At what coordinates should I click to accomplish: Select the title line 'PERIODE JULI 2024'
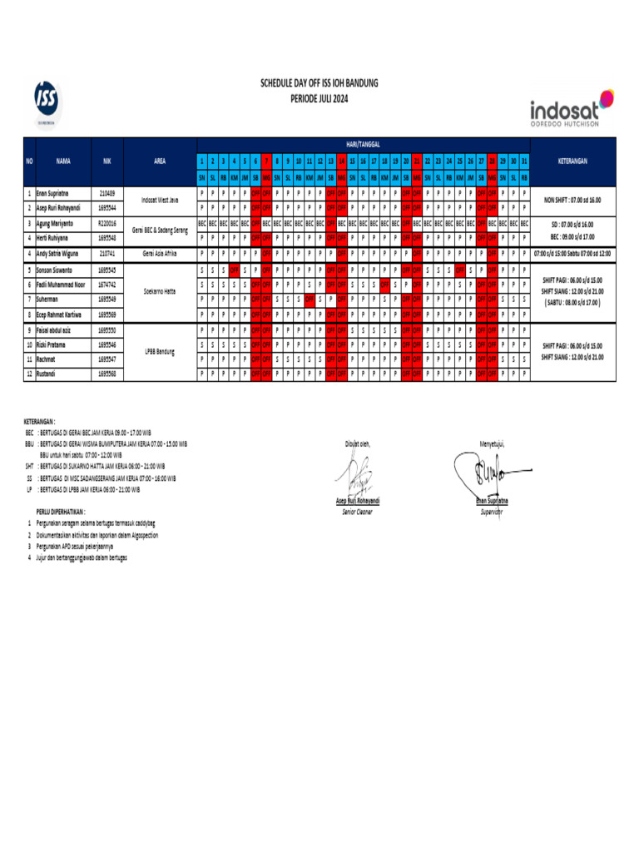319,98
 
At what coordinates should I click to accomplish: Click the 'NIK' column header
106,161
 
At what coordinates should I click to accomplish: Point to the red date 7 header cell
266,160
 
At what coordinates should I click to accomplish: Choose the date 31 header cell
523,160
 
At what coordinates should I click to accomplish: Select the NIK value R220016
106,224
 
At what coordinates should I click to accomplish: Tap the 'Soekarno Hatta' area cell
159,292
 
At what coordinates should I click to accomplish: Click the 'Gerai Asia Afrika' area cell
159,252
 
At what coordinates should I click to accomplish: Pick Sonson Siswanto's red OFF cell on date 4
234,270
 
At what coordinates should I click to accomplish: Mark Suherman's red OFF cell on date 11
310,299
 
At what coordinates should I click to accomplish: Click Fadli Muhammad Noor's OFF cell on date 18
384,285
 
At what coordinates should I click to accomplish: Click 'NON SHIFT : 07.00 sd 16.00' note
572,201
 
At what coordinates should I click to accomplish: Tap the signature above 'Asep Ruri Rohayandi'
356,476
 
